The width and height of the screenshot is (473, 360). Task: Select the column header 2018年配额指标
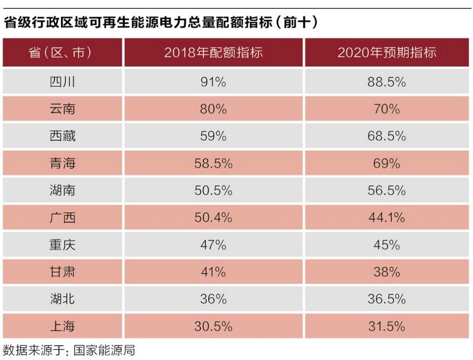pyautogui.click(x=213, y=53)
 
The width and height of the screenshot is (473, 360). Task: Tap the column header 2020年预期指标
pyautogui.click(x=387, y=53)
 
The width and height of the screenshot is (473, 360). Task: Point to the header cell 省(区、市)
pyautogui.click(x=62, y=53)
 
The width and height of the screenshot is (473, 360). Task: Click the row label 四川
pyautogui.click(x=62, y=82)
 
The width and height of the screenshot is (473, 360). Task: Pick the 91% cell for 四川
pyautogui.click(x=213, y=82)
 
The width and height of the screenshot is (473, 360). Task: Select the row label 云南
pyautogui.click(x=62, y=109)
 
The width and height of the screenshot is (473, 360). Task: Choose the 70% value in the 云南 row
pyautogui.click(x=387, y=109)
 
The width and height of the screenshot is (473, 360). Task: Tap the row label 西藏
pyautogui.click(x=62, y=136)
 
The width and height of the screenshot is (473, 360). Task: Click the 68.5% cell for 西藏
pyautogui.click(x=387, y=136)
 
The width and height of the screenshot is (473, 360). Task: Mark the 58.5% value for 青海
pyautogui.click(x=213, y=163)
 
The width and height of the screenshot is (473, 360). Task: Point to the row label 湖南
pyautogui.click(x=62, y=190)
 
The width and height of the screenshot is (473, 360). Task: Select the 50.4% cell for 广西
pyautogui.click(x=213, y=218)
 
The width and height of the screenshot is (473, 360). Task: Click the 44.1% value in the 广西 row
pyautogui.click(x=387, y=218)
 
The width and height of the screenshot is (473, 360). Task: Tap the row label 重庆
pyautogui.click(x=62, y=245)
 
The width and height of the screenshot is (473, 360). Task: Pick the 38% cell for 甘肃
pyautogui.click(x=387, y=272)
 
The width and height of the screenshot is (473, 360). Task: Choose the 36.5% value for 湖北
pyautogui.click(x=387, y=299)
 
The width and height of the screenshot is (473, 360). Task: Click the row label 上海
pyautogui.click(x=62, y=326)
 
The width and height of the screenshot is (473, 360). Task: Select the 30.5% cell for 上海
pyautogui.click(x=213, y=326)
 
